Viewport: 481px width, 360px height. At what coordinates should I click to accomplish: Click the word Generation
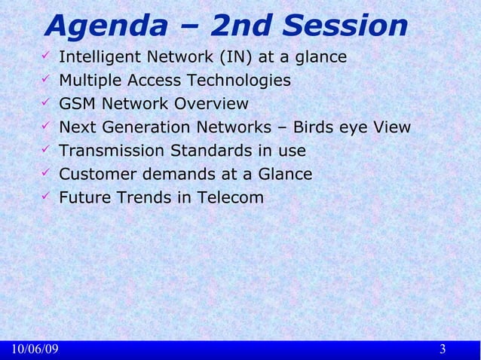[143, 127]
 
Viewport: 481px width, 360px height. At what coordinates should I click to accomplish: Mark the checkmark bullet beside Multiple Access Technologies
[46, 80]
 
